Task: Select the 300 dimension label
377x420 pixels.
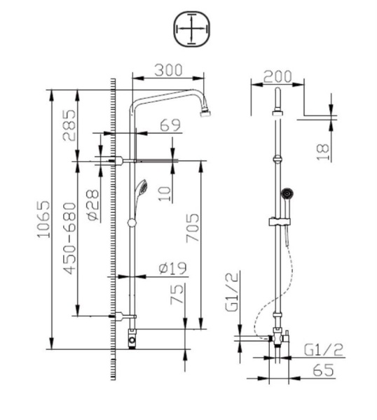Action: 168,70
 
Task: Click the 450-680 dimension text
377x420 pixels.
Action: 69,238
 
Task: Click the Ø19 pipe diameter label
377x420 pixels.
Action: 171,267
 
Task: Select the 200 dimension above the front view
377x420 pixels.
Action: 277,76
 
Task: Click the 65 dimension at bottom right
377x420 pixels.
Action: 323,371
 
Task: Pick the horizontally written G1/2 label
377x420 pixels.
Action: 324,350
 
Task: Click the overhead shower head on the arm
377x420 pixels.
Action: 205,111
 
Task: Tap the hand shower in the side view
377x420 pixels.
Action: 141,189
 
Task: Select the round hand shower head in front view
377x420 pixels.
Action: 285,192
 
